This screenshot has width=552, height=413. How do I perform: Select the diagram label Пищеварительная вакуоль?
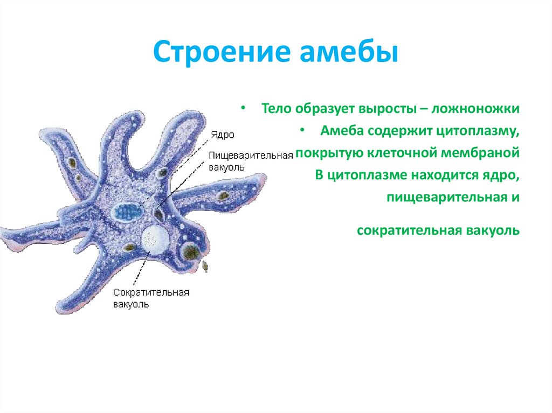pos(251,160)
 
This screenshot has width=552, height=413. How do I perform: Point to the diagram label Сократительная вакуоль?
pos(151,298)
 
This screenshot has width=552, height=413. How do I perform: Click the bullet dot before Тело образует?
pos(244,108)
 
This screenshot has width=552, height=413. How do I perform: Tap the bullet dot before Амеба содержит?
pos(302,130)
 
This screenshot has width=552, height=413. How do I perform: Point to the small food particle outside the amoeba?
pos(205,266)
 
